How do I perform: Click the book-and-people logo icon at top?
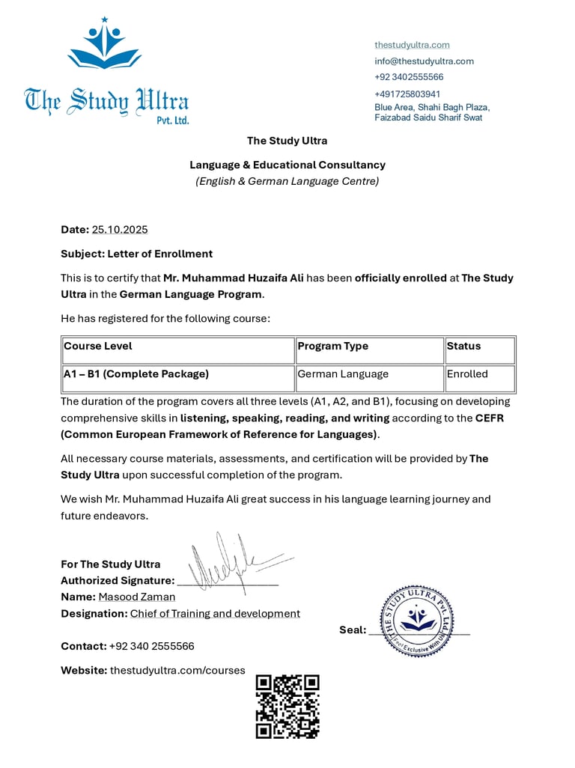(x=104, y=45)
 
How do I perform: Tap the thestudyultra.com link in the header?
(x=412, y=45)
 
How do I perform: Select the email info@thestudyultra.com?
(x=424, y=61)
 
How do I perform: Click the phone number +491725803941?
(x=407, y=94)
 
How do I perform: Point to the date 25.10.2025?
(x=120, y=230)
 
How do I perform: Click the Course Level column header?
(x=98, y=347)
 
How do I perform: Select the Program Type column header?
(x=333, y=347)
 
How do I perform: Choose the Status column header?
(x=464, y=347)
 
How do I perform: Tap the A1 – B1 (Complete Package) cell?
(x=136, y=374)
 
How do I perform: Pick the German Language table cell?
(x=343, y=374)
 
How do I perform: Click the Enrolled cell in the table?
(x=467, y=374)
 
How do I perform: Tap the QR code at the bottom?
(x=287, y=707)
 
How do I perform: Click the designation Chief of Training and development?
(x=215, y=614)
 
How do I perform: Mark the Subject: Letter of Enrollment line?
(x=136, y=254)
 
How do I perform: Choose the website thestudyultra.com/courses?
(x=177, y=671)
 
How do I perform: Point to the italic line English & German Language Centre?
(x=287, y=181)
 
